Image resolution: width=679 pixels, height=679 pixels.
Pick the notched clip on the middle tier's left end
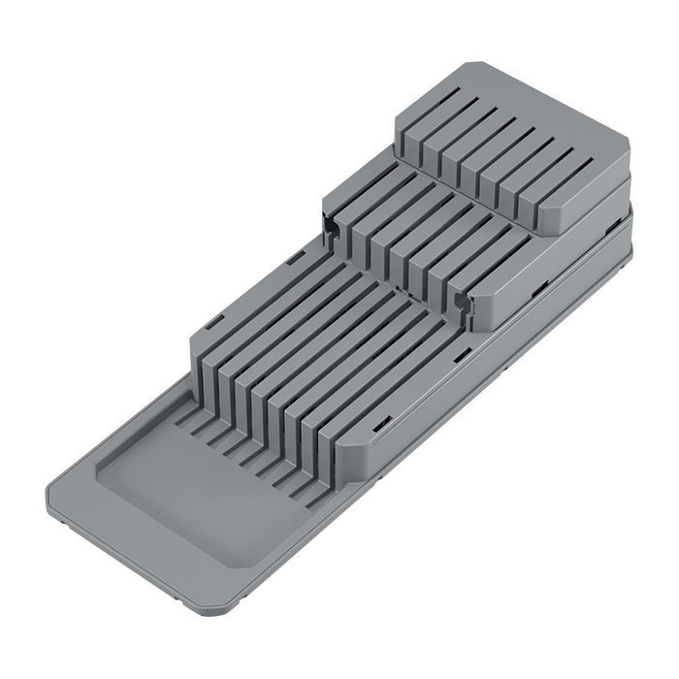coord(332,225)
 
